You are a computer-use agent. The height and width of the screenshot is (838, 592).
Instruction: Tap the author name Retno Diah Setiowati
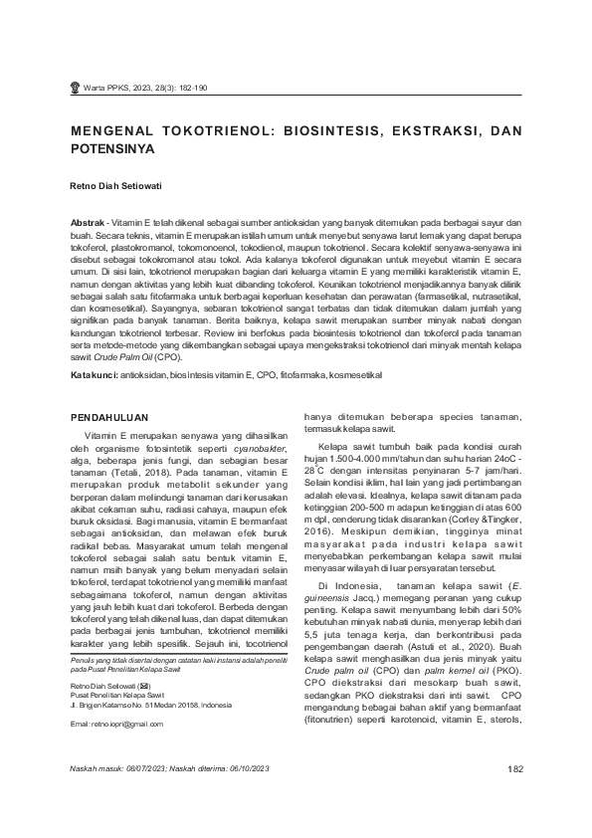[117, 186]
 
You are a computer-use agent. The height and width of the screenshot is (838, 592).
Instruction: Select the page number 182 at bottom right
[514, 796]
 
